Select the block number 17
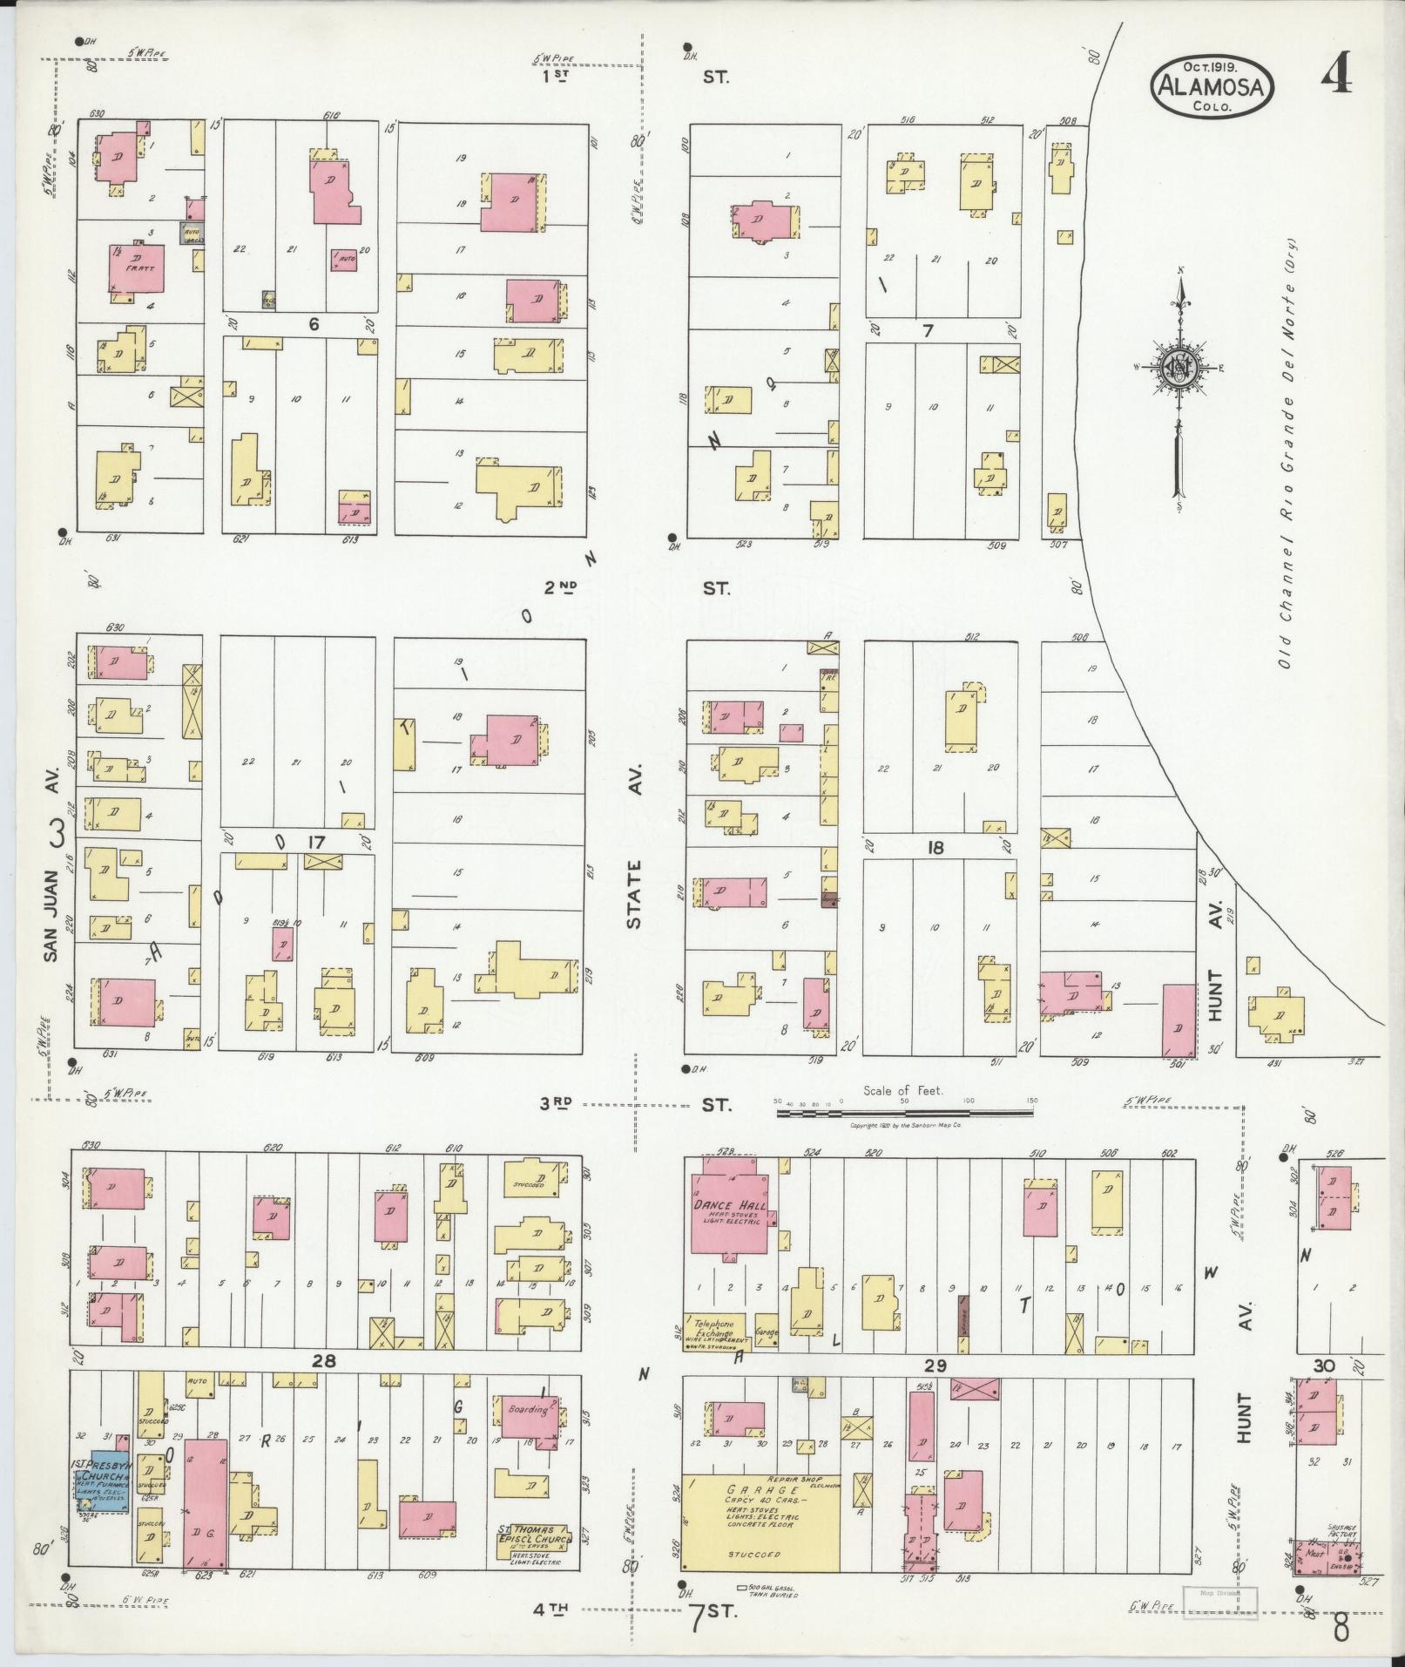tap(315, 843)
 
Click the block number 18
tap(936, 847)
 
